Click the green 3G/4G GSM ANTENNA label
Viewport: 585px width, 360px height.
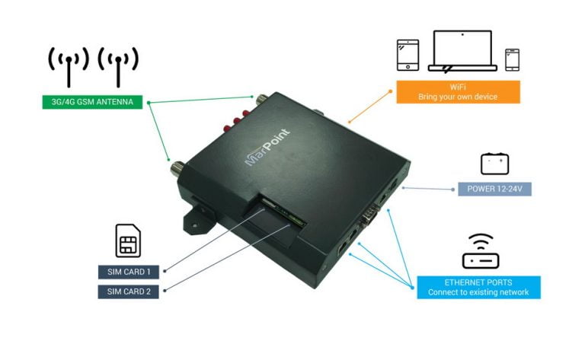click(92, 101)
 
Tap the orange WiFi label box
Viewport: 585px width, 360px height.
click(458, 92)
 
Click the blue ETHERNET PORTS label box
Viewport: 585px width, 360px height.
click(478, 287)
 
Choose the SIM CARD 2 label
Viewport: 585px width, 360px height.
click(129, 292)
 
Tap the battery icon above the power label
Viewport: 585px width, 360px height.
click(494, 163)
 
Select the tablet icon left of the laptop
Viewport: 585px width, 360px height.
click(408, 56)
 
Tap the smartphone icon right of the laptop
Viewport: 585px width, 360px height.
click(512, 59)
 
